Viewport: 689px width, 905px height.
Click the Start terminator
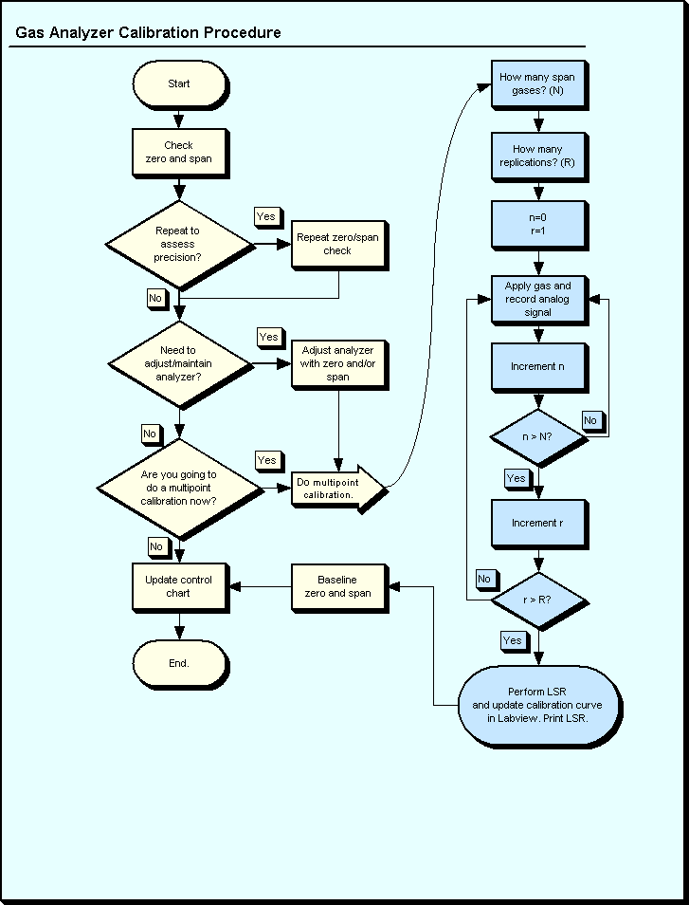coord(178,83)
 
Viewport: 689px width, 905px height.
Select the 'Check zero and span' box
coord(178,152)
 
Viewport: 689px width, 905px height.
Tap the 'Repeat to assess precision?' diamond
coord(178,244)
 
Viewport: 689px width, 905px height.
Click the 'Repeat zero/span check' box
coord(337,244)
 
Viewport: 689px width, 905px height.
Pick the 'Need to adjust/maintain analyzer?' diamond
coord(178,363)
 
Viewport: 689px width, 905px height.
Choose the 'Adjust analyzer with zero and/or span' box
coord(337,363)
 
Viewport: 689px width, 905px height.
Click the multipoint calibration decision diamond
coord(178,488)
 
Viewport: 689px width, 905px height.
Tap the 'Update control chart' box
coord(178,586)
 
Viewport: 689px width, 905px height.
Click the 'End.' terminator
coord(178,663)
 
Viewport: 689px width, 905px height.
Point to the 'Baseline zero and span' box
coord(337,586)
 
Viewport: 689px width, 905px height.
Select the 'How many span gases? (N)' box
coord(537,83)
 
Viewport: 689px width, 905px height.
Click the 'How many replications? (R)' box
coord(537,156)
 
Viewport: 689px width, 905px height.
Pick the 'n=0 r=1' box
coord(537,224)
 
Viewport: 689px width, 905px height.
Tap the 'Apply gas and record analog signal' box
coord(537,299)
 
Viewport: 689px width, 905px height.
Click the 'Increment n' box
coord(537,366)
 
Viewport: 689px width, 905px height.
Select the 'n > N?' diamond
coord(537,438)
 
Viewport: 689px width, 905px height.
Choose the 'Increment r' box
coord(537,523)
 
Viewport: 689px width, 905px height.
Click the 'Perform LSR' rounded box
coord(537,705)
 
